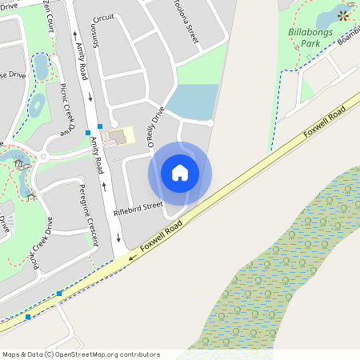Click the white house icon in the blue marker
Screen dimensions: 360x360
(x=180, y=173)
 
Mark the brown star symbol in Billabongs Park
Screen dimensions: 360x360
(x=343, y=15)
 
